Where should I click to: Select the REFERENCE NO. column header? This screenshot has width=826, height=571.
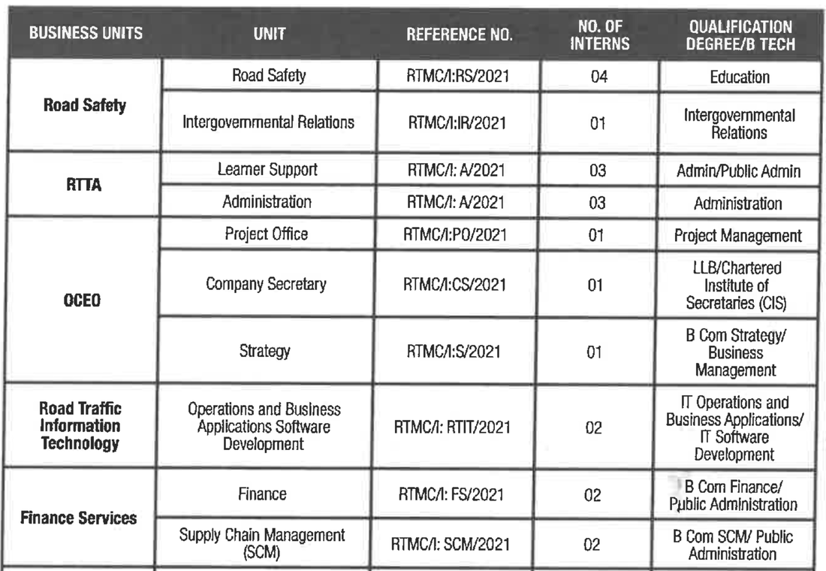pyautogui.click(x=459, y=35)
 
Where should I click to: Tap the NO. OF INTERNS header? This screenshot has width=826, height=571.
pyautogui.click(x=598, y=34)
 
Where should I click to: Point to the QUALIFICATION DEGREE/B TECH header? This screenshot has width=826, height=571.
pyautogui.click(x=740, y=35)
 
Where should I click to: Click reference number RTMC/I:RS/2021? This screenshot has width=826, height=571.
pyautogui.click(x=459, y=76)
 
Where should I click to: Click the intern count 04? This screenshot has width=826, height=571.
pyautogui.click(x=598, y=77)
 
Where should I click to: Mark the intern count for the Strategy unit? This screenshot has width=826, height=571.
pyautogui.click(x=598, y=352)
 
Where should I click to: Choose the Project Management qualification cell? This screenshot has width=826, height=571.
pyautogui.click(x=738, y=236)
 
